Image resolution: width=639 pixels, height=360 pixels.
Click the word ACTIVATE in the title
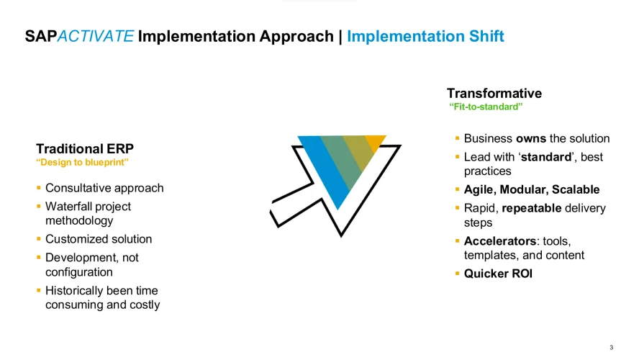tap(96, 36)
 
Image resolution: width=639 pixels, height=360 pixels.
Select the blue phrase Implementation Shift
tap(425, 36)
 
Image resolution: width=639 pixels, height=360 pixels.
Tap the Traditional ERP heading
tap(85, 148)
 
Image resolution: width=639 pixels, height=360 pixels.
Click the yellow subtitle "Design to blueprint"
tap(82, 162)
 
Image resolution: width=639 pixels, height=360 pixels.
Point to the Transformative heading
tap(494, 94)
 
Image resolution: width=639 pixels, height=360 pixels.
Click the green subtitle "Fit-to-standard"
tap(486, 107)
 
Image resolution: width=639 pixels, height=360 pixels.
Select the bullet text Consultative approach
tap(104, 188)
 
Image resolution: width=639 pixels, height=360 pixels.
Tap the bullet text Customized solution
tap(99, 239)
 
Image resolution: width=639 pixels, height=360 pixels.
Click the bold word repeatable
tap(531, 208)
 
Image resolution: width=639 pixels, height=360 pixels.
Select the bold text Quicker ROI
tap(498, 274)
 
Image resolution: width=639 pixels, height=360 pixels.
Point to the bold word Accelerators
tap(500, 241)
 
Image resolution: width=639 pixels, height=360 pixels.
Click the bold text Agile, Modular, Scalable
tap(532, 189)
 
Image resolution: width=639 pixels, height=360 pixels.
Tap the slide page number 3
tap(611, 347)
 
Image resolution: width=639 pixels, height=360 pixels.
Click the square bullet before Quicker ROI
tap(457, 274)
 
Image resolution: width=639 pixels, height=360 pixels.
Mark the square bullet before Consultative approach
tap(39, 188)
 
